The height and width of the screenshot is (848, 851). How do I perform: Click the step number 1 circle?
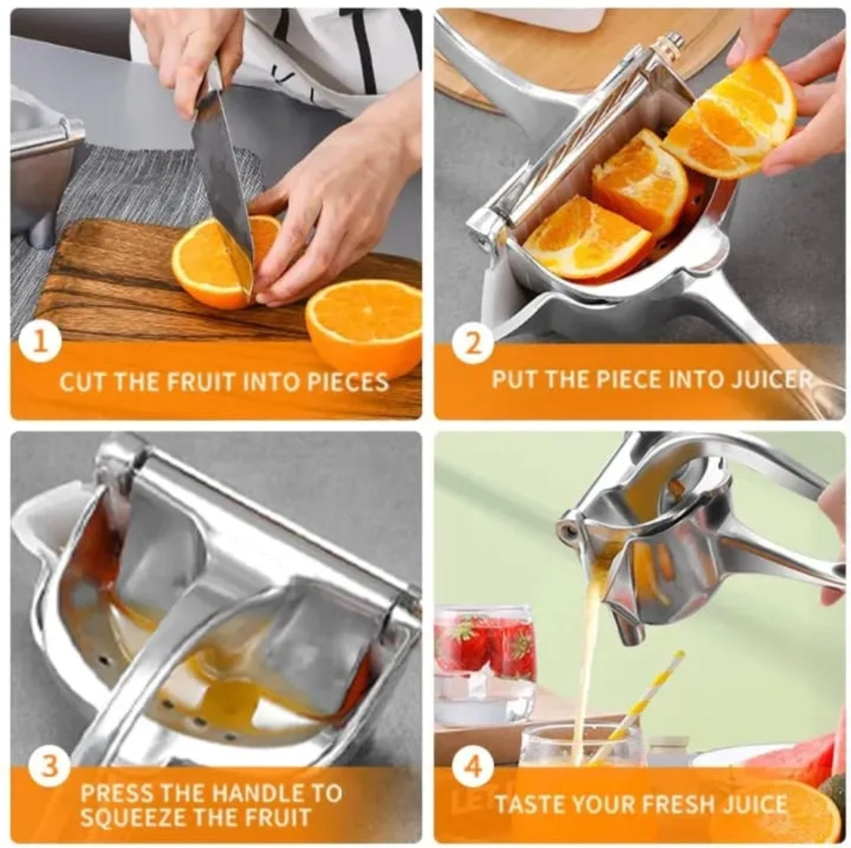(40, 344)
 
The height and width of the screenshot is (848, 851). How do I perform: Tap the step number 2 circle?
(473, 344)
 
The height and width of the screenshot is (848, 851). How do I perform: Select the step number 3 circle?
(49, 766)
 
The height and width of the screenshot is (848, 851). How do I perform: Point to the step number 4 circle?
(473, 766)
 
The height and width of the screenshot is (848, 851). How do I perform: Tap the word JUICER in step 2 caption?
(767, 379)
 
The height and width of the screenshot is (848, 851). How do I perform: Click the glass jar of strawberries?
(485, 662)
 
